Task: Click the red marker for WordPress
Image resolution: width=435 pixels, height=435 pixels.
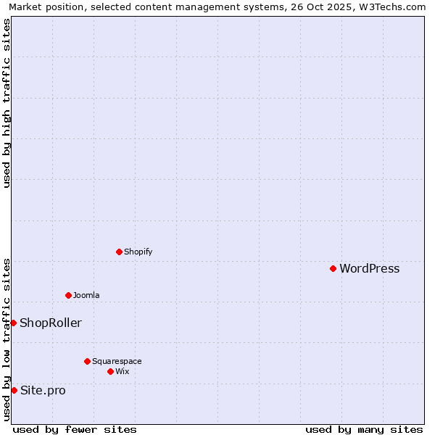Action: [333, 268]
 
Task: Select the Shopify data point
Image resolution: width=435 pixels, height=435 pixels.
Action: [119, 252]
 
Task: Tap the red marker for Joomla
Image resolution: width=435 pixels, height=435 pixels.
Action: [68, 295]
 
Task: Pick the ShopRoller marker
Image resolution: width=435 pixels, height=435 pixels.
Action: [13, 323]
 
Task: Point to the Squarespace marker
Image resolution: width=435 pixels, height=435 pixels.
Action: [87, 361]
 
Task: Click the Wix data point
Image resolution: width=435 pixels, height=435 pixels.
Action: [110, 371]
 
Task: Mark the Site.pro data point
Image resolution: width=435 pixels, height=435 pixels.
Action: [14, 390]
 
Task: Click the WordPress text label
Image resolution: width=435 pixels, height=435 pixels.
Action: [369, 269]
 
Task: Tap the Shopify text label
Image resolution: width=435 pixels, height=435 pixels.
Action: [138, 252]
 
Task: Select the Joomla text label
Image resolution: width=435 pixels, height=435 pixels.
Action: [86, 296]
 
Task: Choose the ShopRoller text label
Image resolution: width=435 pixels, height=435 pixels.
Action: [51, 323]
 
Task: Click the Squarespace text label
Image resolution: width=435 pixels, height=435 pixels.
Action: [117, 362]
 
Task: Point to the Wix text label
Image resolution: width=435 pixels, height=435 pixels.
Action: [122, 372]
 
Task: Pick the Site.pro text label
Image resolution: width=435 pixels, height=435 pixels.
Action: [43, 391]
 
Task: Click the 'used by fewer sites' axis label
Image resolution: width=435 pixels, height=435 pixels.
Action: [75, 429]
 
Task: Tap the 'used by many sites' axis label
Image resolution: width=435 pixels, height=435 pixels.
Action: [364, 429]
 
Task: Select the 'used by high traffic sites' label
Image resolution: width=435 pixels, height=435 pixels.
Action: [7, 104]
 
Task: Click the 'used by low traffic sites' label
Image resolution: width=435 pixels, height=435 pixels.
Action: [7, 339]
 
